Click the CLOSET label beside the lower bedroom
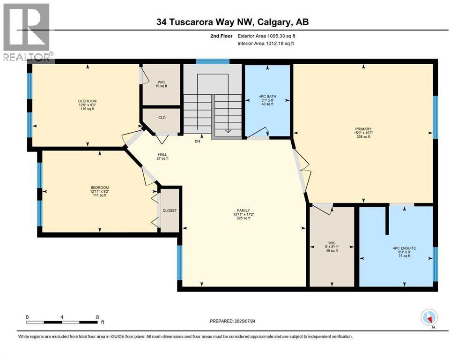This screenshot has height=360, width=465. (170, 210)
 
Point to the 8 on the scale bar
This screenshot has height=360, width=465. (97, 316)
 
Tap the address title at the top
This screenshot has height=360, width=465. (232, 22)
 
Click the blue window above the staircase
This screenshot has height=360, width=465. (213, 61)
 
